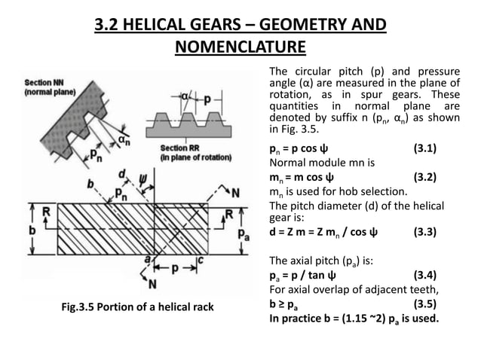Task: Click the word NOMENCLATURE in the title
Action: click(x=240, y=48)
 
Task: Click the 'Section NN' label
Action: click(x=47, y=82)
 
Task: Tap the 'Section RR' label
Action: click(x=179, y=148)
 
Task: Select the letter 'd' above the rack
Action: click(x=121, y=175)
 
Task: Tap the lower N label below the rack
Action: click(x=152, y=284)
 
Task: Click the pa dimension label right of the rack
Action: click(x=243, y=234)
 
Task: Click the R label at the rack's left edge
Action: click(x=46, y=212)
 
